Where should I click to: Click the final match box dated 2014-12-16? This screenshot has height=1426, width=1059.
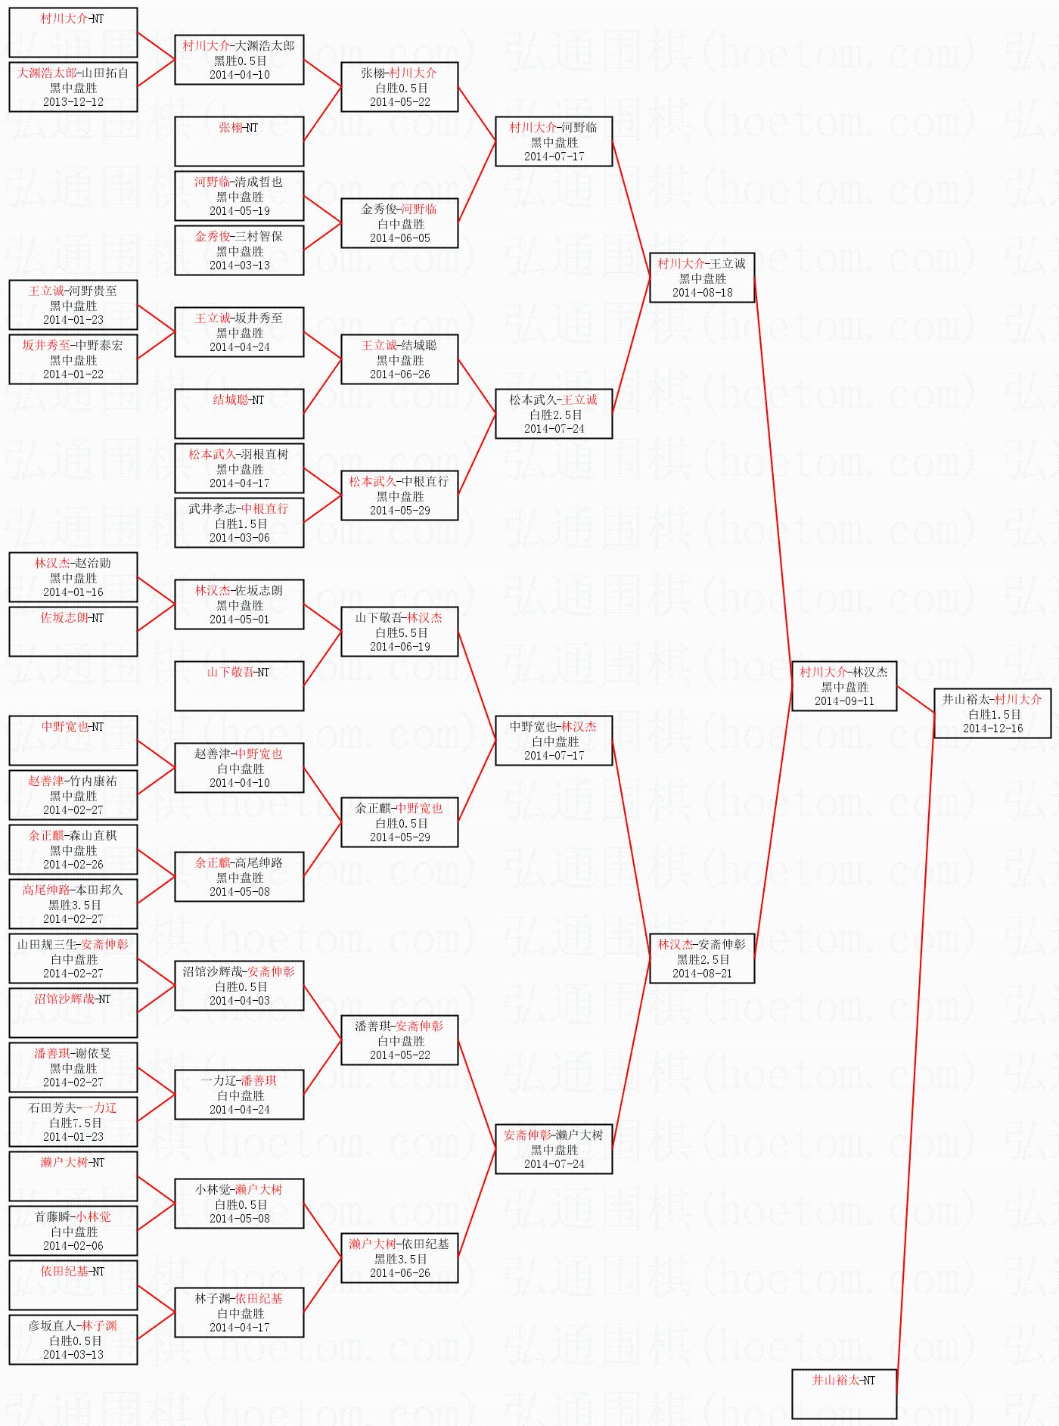[x=992, y=713]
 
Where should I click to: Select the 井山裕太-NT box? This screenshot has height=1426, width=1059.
[x=843, y=1393]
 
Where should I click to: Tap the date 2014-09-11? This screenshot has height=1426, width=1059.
[x=843, y=701]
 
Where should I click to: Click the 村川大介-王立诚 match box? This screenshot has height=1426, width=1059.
[x=702, y=278]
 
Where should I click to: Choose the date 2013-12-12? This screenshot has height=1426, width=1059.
[x=73, y=102]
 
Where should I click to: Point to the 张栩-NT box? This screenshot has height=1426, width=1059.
[x=239, y=141]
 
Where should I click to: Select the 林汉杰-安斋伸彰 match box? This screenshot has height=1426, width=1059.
[x=702, y=958]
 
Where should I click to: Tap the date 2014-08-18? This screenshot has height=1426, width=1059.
[x=702, y=293]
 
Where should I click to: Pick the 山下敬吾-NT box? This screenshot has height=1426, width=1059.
[x=239, y=685]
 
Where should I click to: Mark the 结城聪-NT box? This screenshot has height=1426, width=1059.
[x=239, y=413]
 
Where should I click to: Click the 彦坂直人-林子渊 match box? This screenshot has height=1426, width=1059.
[x=73, y=1340]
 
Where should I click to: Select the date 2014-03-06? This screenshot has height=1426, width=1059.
[x=239, y=538]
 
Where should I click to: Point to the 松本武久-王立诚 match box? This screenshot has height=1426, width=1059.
[x=554, y=414]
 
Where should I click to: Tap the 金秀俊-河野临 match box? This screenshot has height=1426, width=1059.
[x=399, y=223]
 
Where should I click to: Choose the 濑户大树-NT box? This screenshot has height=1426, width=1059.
[x=73, y=1176]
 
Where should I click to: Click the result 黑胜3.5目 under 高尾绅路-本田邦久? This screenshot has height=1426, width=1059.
[x=74, y=905]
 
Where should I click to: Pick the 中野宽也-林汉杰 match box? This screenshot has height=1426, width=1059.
[x=554, y=741]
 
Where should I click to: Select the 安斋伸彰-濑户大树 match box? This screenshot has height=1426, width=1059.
[x=554, y=1149]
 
